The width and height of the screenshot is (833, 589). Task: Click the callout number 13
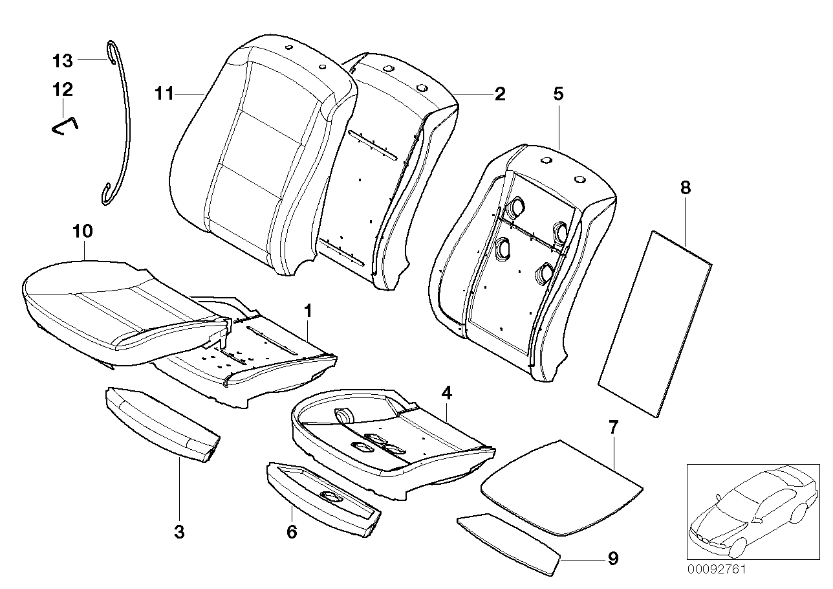[63, 61]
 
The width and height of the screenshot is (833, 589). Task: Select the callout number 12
[63, 89]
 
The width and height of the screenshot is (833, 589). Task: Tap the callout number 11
[164, 94]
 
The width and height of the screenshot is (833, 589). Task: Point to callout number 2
[499, 94]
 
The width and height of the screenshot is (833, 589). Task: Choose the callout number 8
[686, 188]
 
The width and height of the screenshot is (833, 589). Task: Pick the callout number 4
[446, 392]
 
